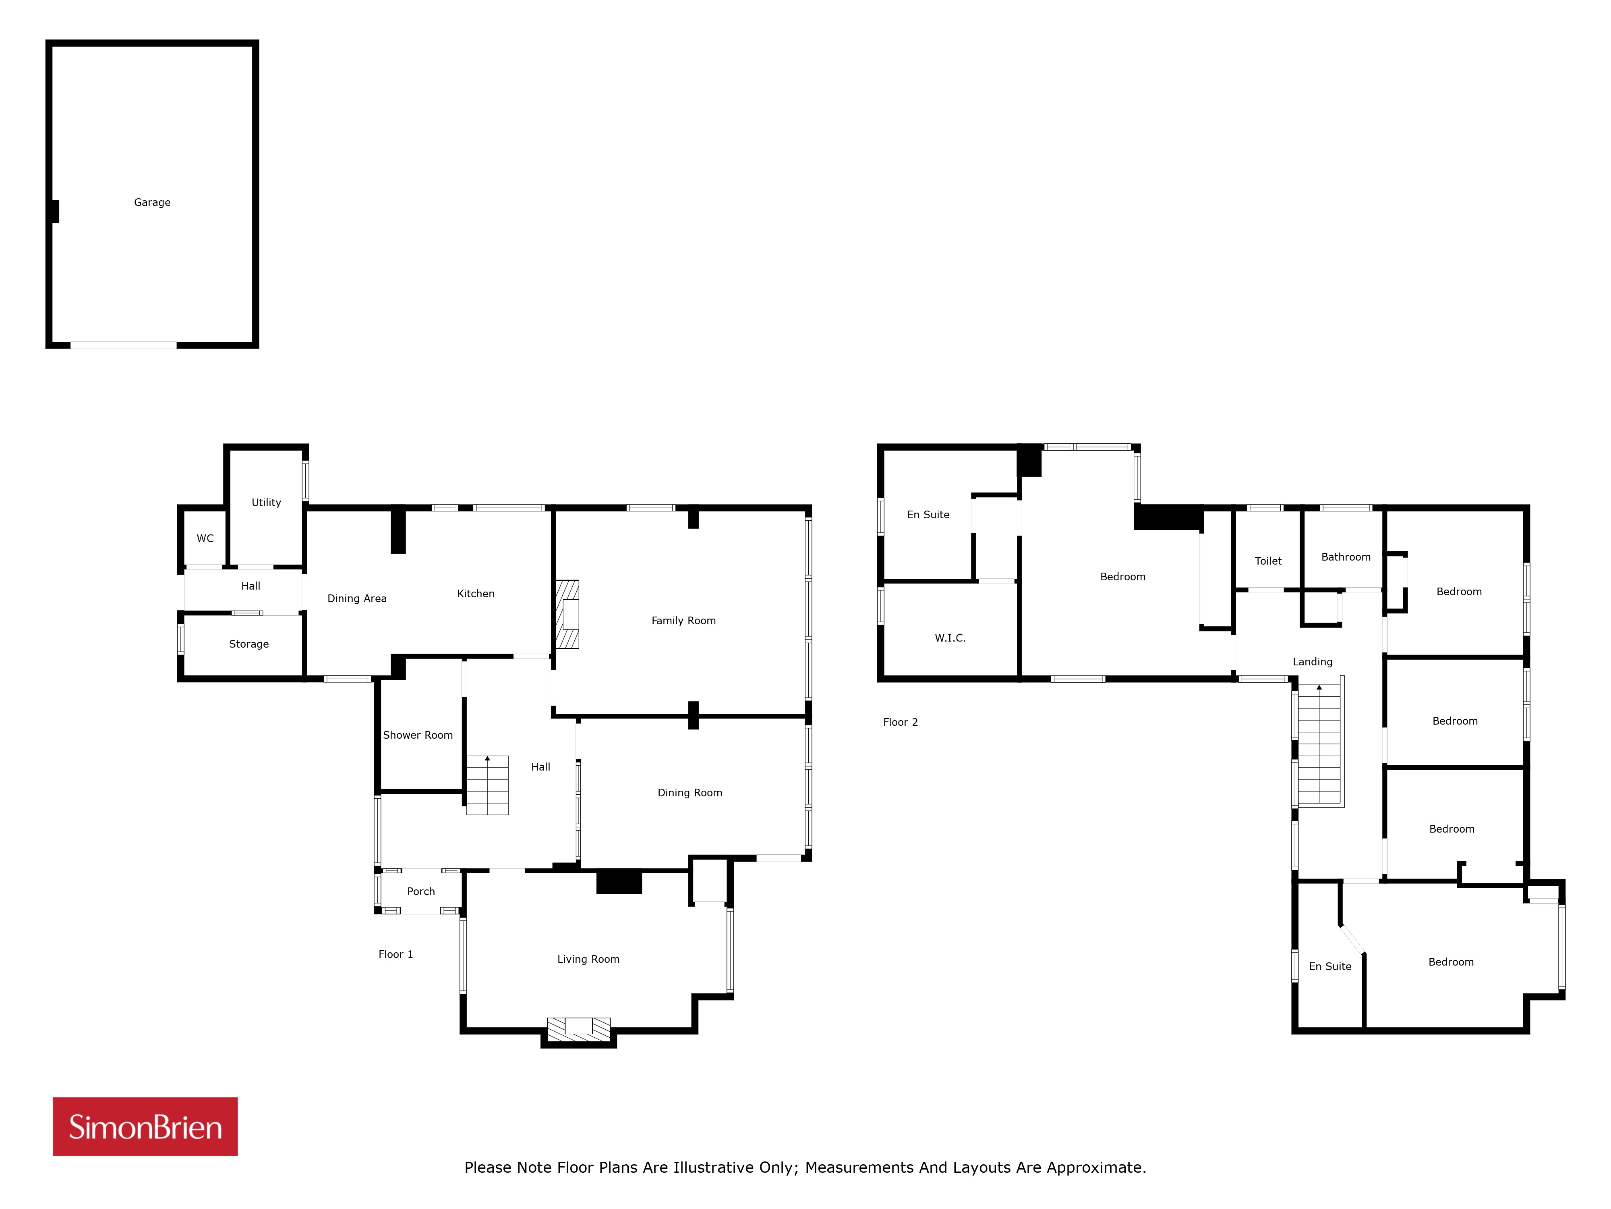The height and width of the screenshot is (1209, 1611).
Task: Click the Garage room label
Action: tap(152, 203)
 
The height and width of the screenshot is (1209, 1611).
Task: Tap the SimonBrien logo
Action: tap(145, 1127)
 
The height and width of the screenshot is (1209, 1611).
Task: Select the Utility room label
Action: tap(266, 503)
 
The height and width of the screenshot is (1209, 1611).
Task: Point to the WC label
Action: tap(205, 538)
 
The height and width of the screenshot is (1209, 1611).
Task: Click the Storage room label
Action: tap(249, 644)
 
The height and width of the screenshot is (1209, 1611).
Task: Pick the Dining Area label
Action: tap(357, 599)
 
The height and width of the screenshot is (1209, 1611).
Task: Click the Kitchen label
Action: tap(476, 594)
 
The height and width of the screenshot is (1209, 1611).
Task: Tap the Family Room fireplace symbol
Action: tap(567, 614)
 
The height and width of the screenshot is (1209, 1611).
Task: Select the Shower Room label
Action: tap(418, 735)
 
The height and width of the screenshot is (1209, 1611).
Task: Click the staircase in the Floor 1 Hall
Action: tap(487, 785)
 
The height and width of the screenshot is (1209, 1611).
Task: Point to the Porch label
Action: tap(421, 891)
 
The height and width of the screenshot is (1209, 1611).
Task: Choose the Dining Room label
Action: tap(690, 793)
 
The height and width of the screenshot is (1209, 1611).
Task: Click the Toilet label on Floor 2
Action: tap(1268, 561)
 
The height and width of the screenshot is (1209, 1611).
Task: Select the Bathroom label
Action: tap(1346, 557)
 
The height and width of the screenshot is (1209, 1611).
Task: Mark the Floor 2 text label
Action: tap(900, 722)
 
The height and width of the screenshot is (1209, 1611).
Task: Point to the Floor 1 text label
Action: tap(396, 955)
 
